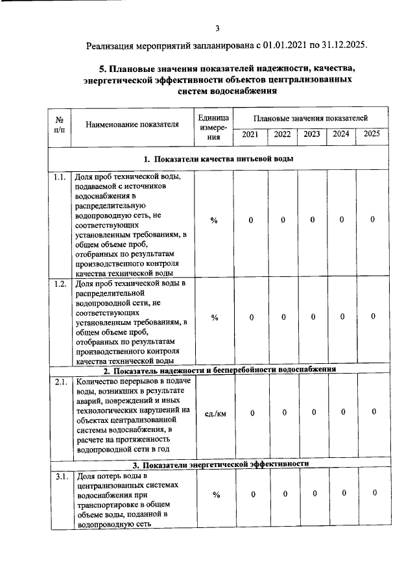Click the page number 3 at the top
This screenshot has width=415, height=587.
(x=218, y=28)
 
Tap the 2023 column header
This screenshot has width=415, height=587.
(x=311, y=134)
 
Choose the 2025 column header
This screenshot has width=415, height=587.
(x=372, y=134)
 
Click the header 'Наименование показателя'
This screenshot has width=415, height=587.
(x=132, y=125)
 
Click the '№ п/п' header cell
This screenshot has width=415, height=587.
(x=59, y=125)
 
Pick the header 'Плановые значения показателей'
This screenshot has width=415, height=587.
(x=311, y=118)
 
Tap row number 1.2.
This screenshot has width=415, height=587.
(x=60, y=283)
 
